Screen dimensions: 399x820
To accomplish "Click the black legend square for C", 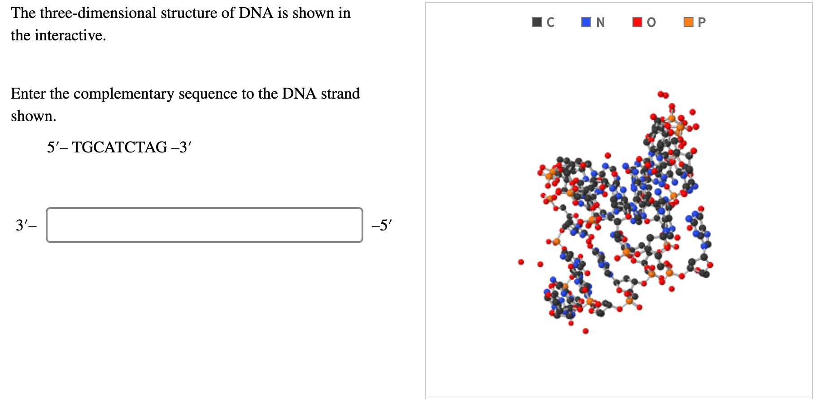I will (x=536, y=22).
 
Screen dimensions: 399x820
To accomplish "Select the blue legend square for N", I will (x=586, y=22).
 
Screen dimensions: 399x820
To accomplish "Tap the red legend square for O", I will (x=637, y=22).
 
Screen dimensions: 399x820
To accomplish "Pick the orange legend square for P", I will (x=688, y=22).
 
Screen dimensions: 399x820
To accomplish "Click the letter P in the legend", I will (x=702, y=22).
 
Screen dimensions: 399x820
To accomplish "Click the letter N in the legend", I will (x=601, y=22).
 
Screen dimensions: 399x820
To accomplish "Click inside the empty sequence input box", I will (x=204, y=225).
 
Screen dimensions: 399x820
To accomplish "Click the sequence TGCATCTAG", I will (x=120, y=147).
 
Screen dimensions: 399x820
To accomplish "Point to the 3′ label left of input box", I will (x=23, y=225).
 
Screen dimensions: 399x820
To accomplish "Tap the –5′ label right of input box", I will (x=382, y=225).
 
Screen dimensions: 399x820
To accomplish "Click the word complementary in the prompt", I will (x=124, y=94).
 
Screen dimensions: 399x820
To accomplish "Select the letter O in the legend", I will (x=651, y=22).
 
